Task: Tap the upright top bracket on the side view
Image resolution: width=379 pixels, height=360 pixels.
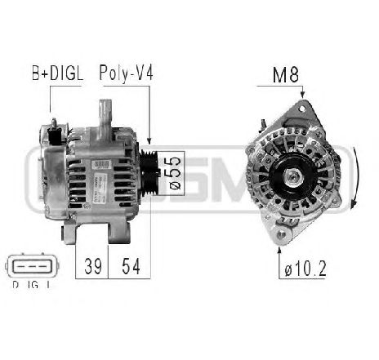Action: tap(105, 114)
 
